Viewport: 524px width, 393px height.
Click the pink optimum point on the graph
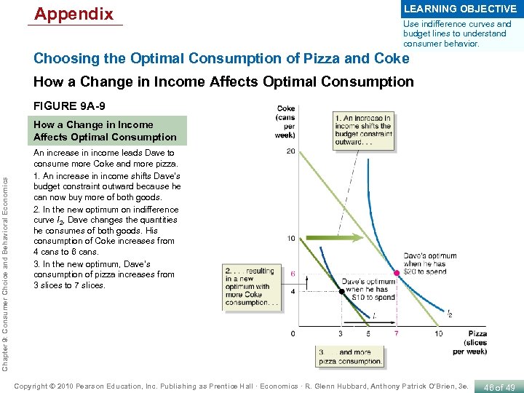[397, 274]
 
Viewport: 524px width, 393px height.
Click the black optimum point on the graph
[341, 291]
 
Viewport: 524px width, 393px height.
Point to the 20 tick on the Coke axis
[290, 152]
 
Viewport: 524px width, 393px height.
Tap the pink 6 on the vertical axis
[293, 274]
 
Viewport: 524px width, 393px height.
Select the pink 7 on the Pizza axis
[397, 333]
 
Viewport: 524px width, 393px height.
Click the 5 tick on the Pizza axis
[368, 333]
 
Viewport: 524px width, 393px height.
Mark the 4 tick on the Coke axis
[293, 291]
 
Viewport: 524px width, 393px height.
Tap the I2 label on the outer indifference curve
[450, 314]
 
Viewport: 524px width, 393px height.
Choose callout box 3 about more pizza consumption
[350, 356]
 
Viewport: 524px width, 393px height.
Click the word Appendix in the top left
[74, 14]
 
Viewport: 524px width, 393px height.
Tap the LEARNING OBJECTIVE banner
[460, 9]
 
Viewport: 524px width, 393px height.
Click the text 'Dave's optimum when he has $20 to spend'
[430, 263]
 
